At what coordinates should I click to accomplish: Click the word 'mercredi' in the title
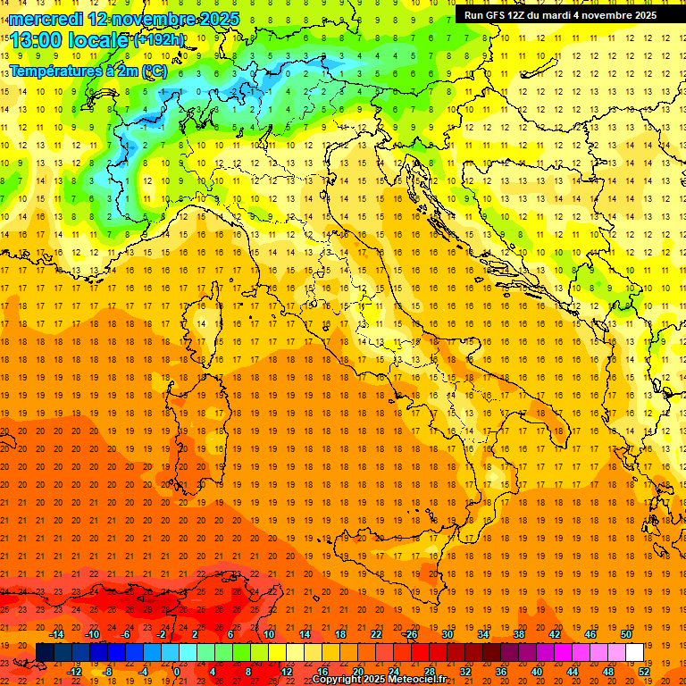[x=44, y=18]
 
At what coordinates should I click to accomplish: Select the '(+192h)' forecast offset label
[x=159, y=39]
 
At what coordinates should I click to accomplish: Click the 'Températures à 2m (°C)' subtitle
[x=88, y=70]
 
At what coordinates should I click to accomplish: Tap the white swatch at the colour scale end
[x=634, y=652]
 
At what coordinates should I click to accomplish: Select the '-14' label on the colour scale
[x=56, y=634]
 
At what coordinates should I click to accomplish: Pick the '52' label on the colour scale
[x=643, y=672]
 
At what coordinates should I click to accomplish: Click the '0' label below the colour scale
[x=178, y=672]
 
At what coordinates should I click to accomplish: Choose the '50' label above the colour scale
[x=625, y=634]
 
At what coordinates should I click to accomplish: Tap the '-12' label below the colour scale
[x=75, y=672]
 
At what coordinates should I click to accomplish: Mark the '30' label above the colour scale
[x=447, y=634]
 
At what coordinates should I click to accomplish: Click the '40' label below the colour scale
[x=536, y=672]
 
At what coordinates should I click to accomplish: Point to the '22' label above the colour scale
[x=375, y=634]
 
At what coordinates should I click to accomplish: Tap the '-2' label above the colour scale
[x=161, y=634]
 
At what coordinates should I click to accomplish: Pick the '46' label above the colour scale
[x=590, y=634]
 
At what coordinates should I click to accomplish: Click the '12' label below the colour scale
[x=286, y=672]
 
